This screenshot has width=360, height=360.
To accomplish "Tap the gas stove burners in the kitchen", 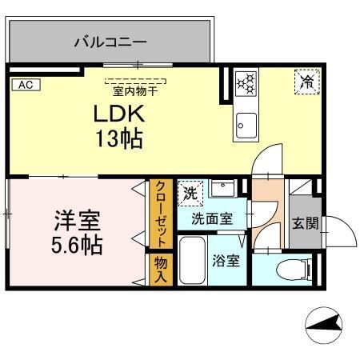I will (247, 81).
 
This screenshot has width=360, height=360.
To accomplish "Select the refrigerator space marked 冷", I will (306, 80).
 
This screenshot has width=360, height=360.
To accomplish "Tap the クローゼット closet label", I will (160, 214).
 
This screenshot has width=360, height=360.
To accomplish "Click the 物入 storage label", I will (160, 270).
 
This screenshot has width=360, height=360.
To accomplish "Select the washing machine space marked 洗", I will (190, 194).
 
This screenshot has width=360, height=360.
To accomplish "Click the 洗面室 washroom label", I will (211, 218).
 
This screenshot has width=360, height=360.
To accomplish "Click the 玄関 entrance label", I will (304, 223).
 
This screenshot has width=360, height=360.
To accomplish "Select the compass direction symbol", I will (326, 326).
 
